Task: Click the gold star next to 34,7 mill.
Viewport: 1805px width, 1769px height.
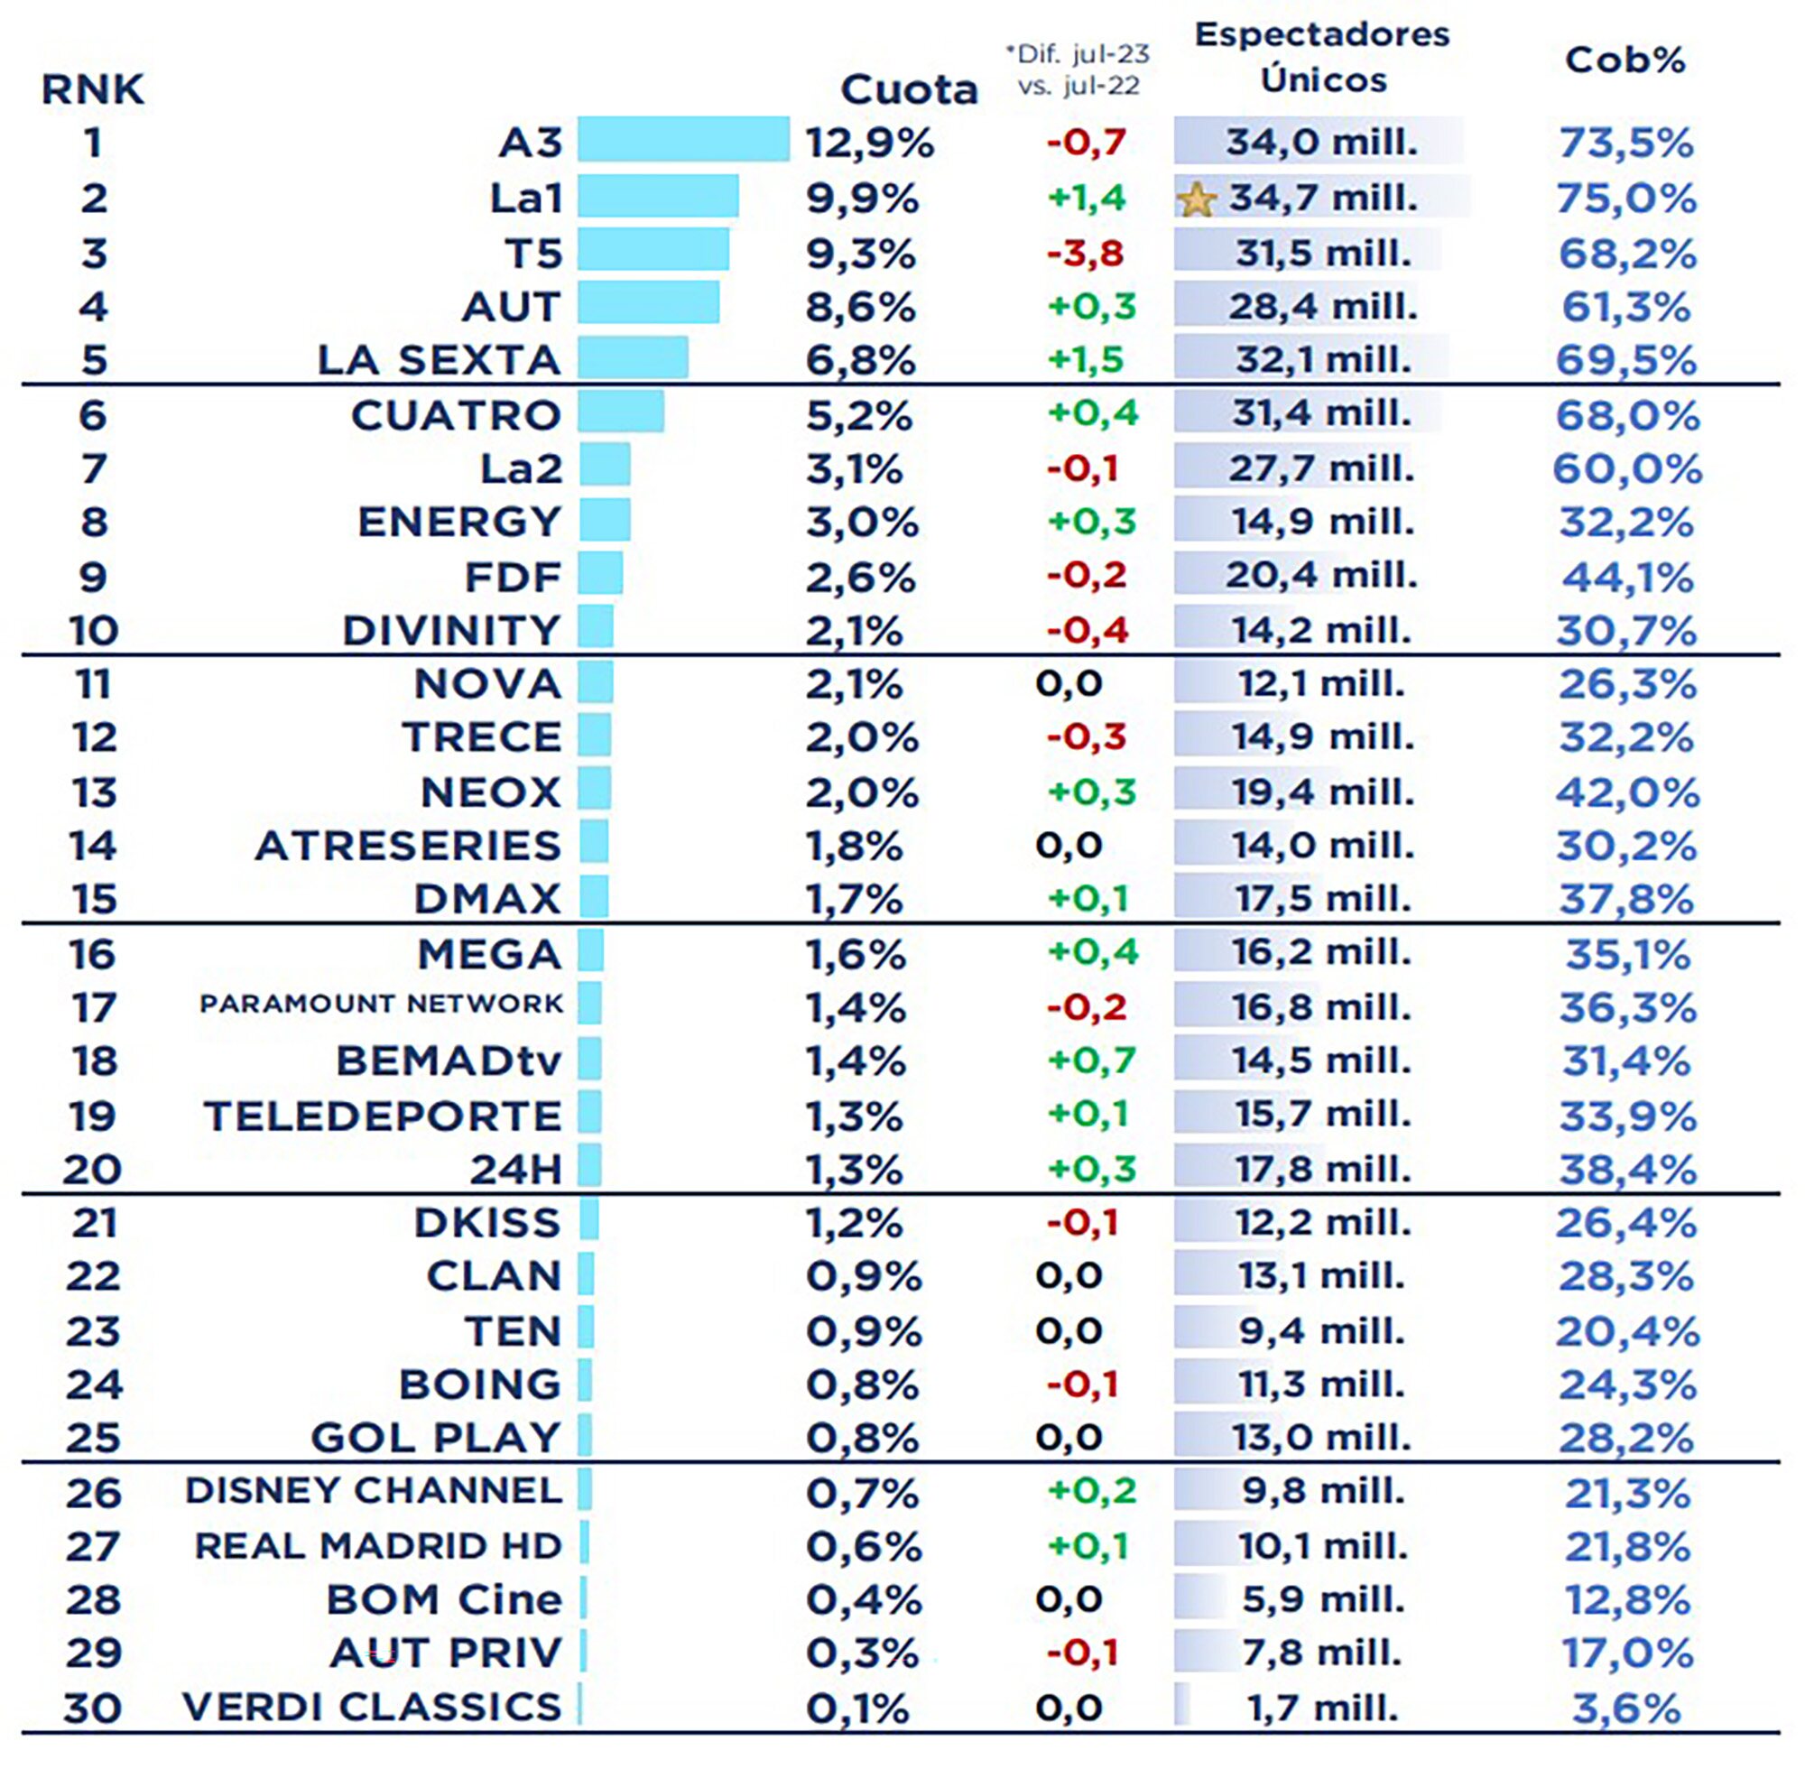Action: (1196, 200)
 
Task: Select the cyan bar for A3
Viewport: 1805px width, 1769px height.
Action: (683, 139)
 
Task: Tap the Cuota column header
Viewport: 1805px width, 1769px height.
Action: (909, 90)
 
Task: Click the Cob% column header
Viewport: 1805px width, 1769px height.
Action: (1624, 60)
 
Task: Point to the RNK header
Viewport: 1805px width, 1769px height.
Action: (93, 90)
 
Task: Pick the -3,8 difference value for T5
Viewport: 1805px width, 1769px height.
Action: (1085, 253)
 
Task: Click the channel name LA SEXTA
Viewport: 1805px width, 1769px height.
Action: (440, 360)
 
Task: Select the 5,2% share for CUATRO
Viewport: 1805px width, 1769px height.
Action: (859, 415)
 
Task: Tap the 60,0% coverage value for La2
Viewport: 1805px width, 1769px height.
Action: (1626, 468)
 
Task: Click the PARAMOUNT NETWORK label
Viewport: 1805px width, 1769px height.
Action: (381, 1005)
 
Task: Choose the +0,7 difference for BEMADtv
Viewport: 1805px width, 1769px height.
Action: (1090, 1060)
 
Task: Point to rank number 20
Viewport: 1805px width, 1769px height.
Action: (92, 1169)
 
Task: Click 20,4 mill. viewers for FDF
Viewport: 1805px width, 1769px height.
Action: (1320, 576)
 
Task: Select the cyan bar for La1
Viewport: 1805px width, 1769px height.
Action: (658, 196)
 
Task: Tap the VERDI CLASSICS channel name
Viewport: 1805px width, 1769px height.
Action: (373, 1708)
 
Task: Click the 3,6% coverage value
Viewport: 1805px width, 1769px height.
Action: (1626, 1709)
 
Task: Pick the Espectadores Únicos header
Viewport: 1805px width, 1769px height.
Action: (1321, 58)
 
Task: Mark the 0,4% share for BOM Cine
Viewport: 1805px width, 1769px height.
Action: (863, 1600)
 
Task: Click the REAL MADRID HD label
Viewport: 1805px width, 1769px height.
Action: (378, 1546)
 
